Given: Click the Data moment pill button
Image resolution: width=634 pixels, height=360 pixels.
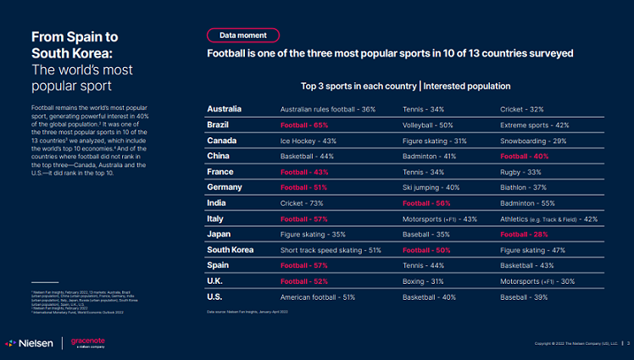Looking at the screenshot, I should click(242, 35).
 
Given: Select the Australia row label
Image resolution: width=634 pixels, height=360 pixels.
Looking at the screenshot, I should click(225, 109).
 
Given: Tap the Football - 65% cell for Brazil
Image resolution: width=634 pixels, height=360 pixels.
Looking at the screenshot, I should click(304, 125).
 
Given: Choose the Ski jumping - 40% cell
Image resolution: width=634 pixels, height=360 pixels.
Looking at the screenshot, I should click(431, 187).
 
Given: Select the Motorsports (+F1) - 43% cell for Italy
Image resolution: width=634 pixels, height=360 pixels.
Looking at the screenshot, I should click(440, 219).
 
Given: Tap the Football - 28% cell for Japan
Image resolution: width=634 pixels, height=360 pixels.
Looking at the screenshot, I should click(525, 235).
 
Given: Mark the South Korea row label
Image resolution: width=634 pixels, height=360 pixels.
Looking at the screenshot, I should click(231, 250).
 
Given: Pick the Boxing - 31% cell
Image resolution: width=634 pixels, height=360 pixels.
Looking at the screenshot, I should click(425, 281).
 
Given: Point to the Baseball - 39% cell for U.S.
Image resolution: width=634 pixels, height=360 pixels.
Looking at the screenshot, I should click(524, 297).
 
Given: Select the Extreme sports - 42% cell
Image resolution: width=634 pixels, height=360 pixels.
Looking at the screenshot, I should click(534, 125).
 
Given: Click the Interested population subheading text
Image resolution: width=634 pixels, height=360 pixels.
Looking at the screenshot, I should click(466, 86).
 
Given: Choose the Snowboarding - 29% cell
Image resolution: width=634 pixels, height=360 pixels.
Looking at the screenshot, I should click(533, 141).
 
